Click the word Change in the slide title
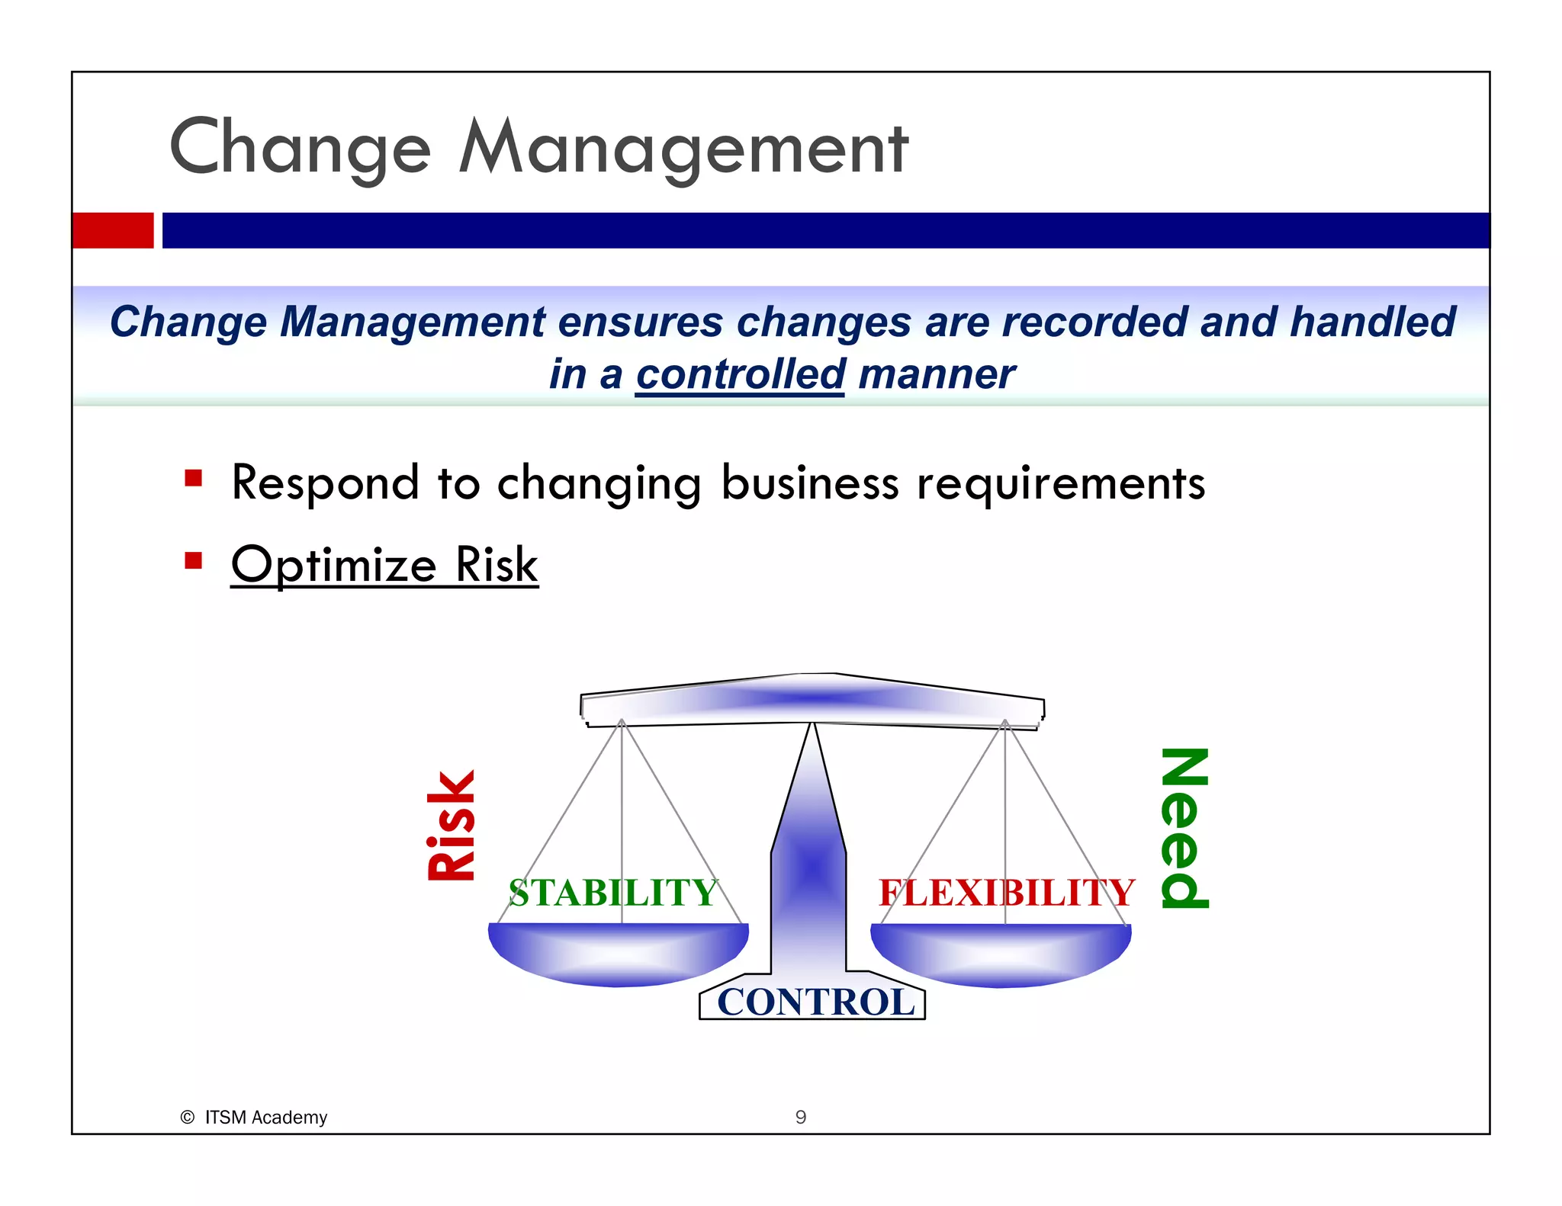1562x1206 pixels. click(x=300, y=149)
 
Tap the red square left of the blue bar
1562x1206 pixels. click(x=113, y=230)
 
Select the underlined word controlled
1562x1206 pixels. click(x=740, y=374)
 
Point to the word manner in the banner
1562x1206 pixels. click(x=937, y=374)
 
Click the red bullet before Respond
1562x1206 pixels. click(x=193, y=479)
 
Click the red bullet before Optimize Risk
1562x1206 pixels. click(x=193, y=561)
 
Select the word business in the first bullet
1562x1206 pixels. click(x=810, y=483)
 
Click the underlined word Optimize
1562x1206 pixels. click(x=333, y=565)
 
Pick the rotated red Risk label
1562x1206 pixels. click(x=452, y=826)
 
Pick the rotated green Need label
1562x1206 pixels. click(x=1184, y=828)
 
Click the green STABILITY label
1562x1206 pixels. click(x=613, y=893)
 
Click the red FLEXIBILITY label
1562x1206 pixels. click(x=1006, y=893)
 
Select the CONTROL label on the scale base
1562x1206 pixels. click(x=815, y=1002)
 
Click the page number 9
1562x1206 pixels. click(x=800, y=1117)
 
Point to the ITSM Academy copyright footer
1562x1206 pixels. click(x=255, y=1117)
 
